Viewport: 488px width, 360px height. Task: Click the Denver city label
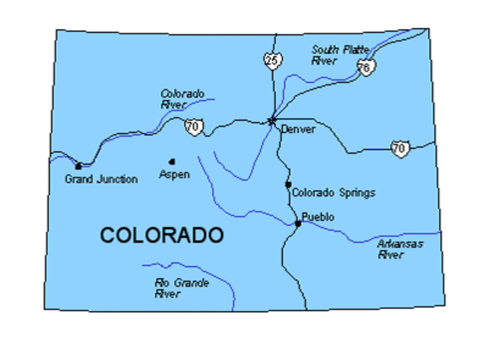click(298, 130)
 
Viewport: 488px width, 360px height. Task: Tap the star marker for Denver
click(271, 120)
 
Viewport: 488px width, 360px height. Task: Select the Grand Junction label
click(101, 179)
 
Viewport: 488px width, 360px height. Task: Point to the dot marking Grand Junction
click(78, 166)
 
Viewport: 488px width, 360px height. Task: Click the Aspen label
click(174, 175)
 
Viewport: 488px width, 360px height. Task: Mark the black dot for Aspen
click(172, 161)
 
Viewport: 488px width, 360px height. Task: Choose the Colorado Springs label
click(334, 193)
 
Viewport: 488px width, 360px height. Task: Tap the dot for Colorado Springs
click(288, 184)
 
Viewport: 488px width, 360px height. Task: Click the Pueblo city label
click(318, 217)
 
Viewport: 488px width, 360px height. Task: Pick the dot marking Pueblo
click(297, 223)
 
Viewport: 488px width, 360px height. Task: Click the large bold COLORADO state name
click(162, 235)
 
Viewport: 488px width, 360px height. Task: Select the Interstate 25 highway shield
click(273, 59)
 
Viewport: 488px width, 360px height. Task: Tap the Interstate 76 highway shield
click(365, 67)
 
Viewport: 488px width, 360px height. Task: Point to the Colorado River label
click(181, 99)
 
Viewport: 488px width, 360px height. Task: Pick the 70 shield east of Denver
click(399, 148)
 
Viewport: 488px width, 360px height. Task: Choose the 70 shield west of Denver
click(194, 127)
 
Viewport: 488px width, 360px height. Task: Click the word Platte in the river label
click(355, 50)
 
